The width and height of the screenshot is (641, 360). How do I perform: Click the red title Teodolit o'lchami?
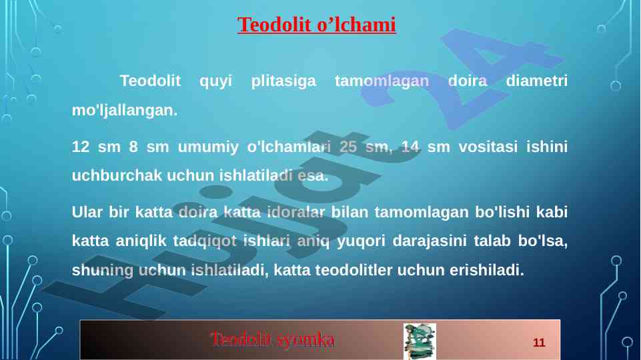click(316, 25)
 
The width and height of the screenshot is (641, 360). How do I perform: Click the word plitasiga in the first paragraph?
click(283, 81)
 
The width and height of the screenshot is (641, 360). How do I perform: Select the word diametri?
click(536, 81)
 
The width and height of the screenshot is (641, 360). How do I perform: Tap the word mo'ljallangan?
click(125, 110)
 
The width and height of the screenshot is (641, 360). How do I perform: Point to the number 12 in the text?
click(81, 146)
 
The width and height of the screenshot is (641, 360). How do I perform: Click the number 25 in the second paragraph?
click(348, 146)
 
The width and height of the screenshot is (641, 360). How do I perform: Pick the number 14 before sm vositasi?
click(410, 146)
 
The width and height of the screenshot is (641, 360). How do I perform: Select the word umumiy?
click(207, 147)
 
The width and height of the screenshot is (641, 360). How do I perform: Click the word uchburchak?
click(117, 175)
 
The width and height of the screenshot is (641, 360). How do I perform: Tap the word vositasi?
click(488, 146)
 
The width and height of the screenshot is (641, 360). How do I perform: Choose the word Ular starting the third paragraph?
click(87, 212)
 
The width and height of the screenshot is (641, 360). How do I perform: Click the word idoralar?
click(296, 212)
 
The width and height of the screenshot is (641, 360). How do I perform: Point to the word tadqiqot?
click(204, 241)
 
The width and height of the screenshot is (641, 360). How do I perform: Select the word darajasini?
click(430, 241)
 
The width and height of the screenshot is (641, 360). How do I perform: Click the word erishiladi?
click(487, 270)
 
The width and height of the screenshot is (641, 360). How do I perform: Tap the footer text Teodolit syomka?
click(273, 339)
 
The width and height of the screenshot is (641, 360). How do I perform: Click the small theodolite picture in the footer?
click(420, 341)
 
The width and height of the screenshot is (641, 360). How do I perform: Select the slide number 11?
click(539, 343)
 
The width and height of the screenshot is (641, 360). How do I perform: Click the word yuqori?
click(361, 241)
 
